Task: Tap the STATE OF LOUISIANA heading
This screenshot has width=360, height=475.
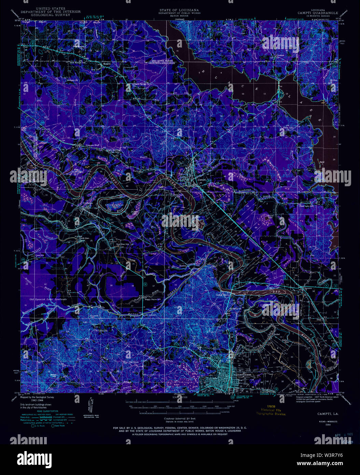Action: [x=179, y=10]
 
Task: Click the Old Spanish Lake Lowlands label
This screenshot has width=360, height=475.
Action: [x=48, y=299]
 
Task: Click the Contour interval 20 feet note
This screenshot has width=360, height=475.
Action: [x=179, y=418]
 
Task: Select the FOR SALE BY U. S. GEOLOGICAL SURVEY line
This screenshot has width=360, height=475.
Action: [x=180, y=428]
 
